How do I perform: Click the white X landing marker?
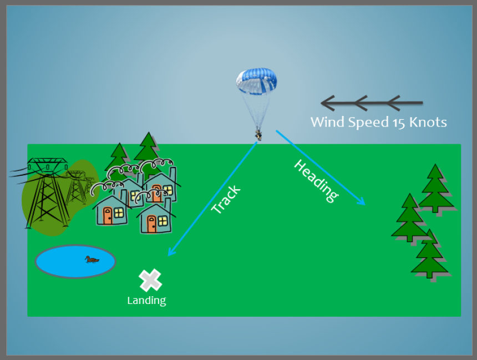point(150,280)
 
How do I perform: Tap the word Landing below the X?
point(146,301)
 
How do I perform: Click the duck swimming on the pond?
point(92,259)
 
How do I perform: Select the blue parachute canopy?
point(256,81)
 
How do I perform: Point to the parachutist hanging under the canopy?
point(258,135)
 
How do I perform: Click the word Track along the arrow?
point(226,199)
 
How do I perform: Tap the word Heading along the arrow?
point(316,181)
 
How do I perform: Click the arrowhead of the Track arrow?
point(171,252)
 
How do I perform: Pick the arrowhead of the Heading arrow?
point(362,201)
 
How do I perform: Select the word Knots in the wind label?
point(428,123)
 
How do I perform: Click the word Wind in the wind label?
point(328,122)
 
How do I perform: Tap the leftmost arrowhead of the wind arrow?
point(328,103)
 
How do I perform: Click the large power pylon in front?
point(47,192)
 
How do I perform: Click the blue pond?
point(75,261)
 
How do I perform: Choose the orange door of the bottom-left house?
point(108,215)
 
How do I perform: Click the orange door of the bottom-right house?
point(152,224)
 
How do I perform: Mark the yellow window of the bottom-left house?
point(119,212)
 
